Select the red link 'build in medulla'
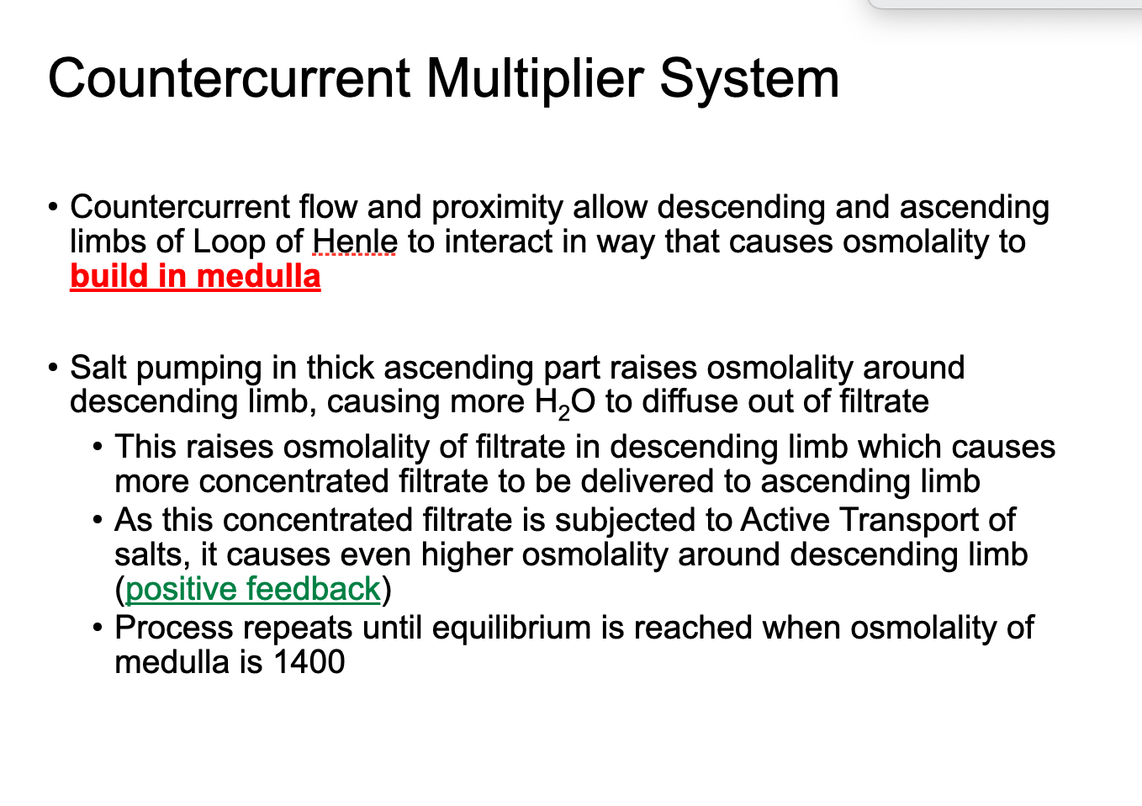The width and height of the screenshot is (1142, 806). [x=195, y=276]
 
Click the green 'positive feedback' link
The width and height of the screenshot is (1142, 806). [x=253, y=589]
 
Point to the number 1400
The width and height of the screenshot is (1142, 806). [x=309, y=662]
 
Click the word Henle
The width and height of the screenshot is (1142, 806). [x=355, y=241]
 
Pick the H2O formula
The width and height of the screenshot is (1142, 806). [x=564, y=402]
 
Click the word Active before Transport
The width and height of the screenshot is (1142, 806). [x=785, y=520]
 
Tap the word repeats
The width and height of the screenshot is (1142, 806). [x=295, y=628]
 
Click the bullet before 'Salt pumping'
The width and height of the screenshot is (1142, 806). [x=54, y=368]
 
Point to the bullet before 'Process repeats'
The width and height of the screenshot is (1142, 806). [x=99, y=628]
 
